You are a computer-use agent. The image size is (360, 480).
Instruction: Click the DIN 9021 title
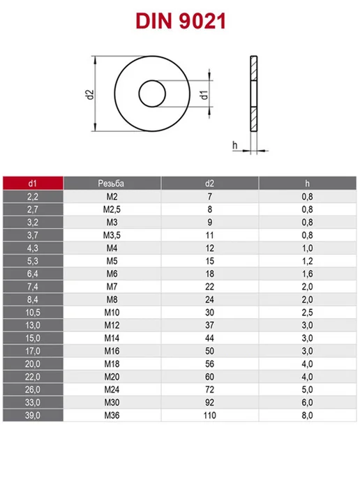(x=181, y=21)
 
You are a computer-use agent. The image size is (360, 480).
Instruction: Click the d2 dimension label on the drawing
(x=90, y=95)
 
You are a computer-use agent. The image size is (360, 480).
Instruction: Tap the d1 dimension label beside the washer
(x=204, y=95)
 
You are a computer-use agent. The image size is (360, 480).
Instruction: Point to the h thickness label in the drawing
(x=235, y=145)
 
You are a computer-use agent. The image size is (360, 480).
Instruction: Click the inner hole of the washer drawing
(x=152, y=93)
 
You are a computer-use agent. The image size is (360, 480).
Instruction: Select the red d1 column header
(x=33, y=183)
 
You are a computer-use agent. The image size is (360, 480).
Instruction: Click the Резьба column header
(x=111, y=183)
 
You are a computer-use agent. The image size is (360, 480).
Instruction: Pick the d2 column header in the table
(x=209, y=183)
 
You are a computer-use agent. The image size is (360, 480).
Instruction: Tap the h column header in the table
(x=307, y=183)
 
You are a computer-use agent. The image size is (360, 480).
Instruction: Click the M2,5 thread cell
(x=112, y=209)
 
